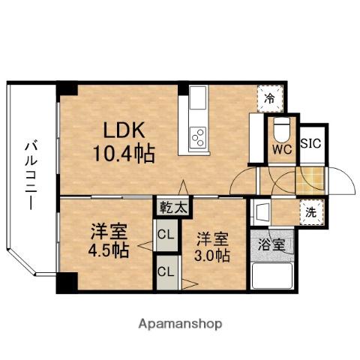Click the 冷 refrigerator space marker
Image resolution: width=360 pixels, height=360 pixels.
click(x=268, y=97)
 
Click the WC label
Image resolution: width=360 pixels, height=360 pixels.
click(x=282, y=150)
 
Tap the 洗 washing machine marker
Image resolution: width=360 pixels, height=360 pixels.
click(x=308, y=212)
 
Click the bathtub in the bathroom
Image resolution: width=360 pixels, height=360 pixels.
click(x=271, y=277)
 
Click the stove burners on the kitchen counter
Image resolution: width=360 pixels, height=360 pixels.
click(x=199, y=137)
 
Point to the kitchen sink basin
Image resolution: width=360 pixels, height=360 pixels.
click(x=198, y=98)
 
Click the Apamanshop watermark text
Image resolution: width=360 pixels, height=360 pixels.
click(x=179, y=324)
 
